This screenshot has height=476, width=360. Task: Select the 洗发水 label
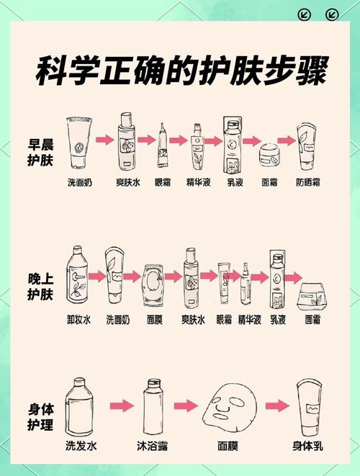pyautogui.click(x=80, y=445)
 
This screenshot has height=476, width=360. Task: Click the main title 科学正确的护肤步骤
pyautogui.click(x=180, y=72)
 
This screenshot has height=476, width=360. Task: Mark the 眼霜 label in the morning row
pyautogui.click(x=165, y=183)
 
